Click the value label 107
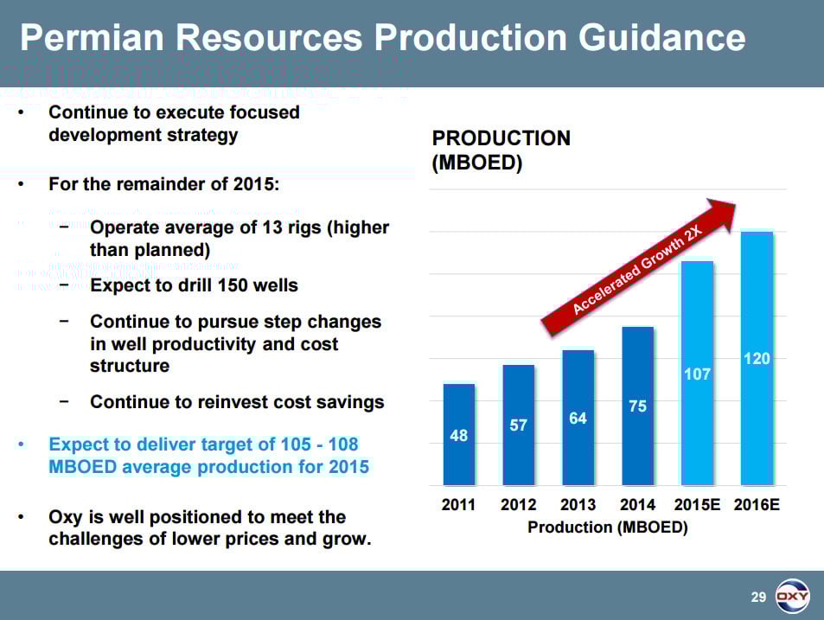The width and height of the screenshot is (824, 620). click(x=697, y=374)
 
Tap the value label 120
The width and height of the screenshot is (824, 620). click(x=757, y=358)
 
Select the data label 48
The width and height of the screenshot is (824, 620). click(x=458, y=436)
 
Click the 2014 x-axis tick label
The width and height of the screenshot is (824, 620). click(x=637, y=505)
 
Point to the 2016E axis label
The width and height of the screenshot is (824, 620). click(x=757, y=505)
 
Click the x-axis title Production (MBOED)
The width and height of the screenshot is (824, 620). click(x=608, y=527)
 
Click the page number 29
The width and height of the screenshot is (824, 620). click(x=758, y=597)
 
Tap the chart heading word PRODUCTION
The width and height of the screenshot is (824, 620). click(x=501, y=138)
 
